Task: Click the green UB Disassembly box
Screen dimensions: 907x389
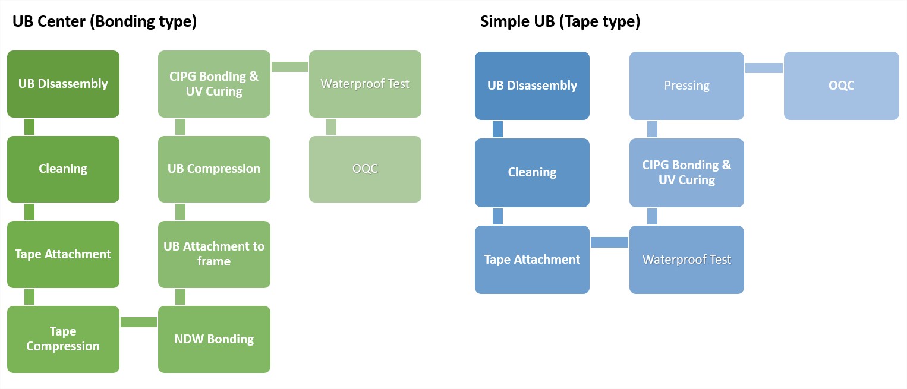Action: tap(63, 84)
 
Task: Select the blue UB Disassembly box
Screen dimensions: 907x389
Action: tap(532, 86)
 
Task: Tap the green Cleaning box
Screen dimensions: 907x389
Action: tap(63, 169)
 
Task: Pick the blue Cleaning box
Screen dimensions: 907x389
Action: tap(532, 172)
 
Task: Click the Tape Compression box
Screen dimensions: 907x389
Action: tap(63, 339)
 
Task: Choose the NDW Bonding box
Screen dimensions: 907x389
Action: tap(214, 339)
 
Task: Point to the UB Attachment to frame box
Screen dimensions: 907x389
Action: tap(214, 254)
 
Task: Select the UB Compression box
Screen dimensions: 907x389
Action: tap(214, 169)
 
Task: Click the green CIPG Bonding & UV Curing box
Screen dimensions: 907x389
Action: tap(214, 84)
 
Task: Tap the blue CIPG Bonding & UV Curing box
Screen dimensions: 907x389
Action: tap(686, 172)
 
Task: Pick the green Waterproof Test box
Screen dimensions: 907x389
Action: tap(365, 84)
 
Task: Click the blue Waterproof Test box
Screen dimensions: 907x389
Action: tap(686, 260)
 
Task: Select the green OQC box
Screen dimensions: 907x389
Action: tap(365, 169)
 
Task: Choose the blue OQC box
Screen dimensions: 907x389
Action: tap(842, 86)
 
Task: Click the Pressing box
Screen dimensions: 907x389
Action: tap(686, 86)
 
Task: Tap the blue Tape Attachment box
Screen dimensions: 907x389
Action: tap(532, 260)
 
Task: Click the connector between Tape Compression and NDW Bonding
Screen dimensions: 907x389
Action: tap(139, 322)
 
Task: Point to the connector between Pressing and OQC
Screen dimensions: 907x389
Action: tap(764, 68)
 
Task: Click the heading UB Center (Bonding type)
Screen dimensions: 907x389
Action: tap(105, 21)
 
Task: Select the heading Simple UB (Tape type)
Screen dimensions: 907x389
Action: tap(560, 21)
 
